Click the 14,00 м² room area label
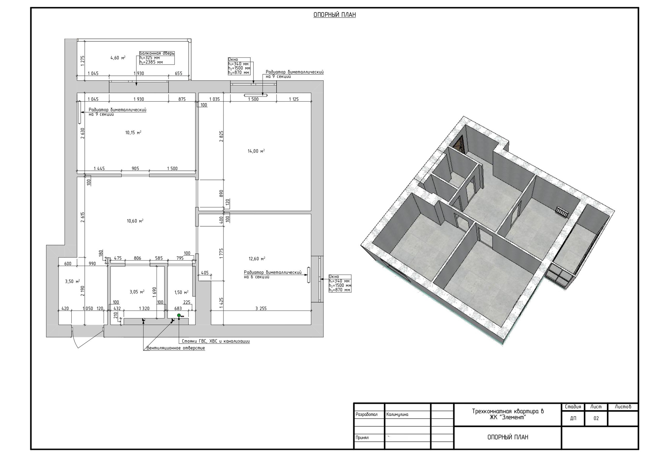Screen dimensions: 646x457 (x=256, y=151)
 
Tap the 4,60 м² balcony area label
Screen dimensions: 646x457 (x=118, y=58)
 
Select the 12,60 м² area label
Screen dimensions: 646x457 (x=257, y=259)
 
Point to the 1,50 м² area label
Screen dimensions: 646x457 (x=181, y=293)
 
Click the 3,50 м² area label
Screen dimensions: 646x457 (x=72, y=282)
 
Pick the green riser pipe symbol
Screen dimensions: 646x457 (x=179, y=316)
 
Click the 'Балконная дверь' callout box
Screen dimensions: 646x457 (x=157, y=58)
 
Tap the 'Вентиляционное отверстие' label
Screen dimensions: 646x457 (x=176, y=348)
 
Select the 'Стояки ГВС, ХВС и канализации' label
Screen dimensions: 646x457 (x=216, y=341)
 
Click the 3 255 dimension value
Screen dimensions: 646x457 (x=261, y=308)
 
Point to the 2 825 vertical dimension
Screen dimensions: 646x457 (x=221, y=136)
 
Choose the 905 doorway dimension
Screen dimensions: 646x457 (x=135, y=168)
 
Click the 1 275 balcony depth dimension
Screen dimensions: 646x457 (x=83, y=61)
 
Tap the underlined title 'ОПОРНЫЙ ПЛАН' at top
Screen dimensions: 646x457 (x=334, y=15)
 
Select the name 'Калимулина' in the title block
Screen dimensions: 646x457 (x=397, y=415)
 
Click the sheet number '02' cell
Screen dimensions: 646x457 (x=596, y=419)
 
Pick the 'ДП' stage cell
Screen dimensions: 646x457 (x=573, y=419)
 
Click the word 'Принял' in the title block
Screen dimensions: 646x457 (x=362, y=438)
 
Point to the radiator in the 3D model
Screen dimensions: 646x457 (x=562, y=212)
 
